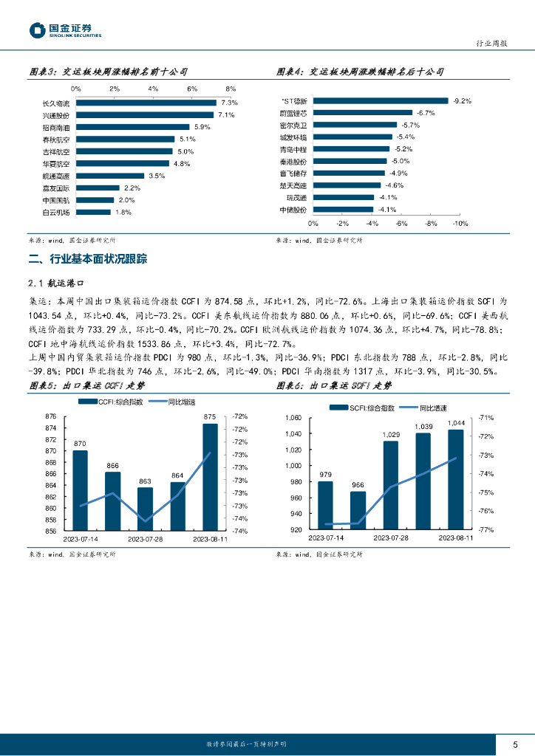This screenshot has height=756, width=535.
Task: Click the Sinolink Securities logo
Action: [x=64, y=30]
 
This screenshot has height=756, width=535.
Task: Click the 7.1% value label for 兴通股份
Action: [x=225, y=115]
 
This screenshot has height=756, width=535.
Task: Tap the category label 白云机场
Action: [x=56, y=213]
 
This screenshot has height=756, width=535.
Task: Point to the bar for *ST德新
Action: [x=381, y=100]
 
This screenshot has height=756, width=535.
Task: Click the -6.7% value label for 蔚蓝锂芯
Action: [x=426, y=113]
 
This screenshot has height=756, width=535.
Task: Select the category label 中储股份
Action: [x=293, y=210]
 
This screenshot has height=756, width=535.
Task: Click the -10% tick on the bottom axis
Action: [x=460, y=223]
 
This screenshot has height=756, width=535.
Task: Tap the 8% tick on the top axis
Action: [x=231, y=89]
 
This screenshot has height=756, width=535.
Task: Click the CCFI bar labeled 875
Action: [x=210, y=476]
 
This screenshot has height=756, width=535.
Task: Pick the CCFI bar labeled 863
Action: [x=145, y=508]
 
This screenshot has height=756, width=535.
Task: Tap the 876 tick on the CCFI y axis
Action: [x=52, y=416]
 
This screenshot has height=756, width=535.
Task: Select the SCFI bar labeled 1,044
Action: [x=456, y=479]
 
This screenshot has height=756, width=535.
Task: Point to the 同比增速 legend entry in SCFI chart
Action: [x=432, y=407]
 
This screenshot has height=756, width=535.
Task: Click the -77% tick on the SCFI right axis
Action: [x=486, y=529]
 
